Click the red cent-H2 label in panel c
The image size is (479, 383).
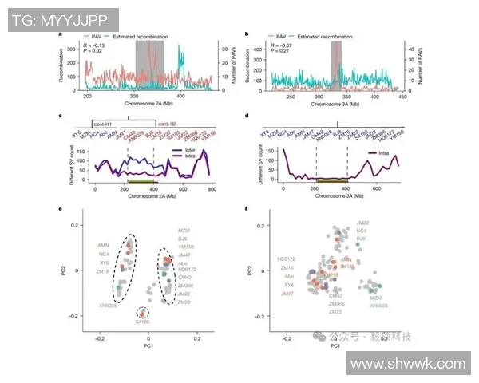(167, 124)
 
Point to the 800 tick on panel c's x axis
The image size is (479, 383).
(212, 188)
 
